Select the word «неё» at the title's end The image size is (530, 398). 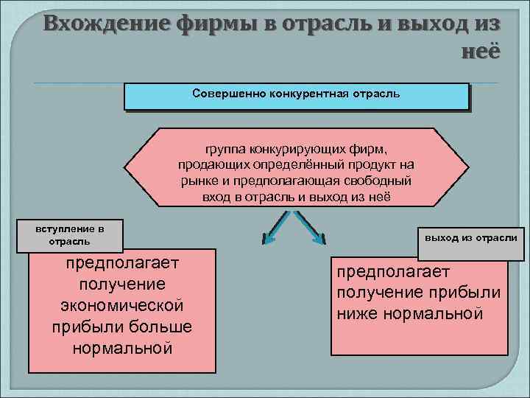[x=479, y=52]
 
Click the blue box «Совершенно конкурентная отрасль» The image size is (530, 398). [x=296, y=96]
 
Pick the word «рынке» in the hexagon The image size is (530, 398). [x=197, y=181]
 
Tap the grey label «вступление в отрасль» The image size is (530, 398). [x=70, y=235]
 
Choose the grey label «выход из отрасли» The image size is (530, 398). [x=471, y=237]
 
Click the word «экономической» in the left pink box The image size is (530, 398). [x=121, y=305]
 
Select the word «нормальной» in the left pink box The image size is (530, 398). [x=122, y=347]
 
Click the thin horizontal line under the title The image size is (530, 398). [x=265, y=82]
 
